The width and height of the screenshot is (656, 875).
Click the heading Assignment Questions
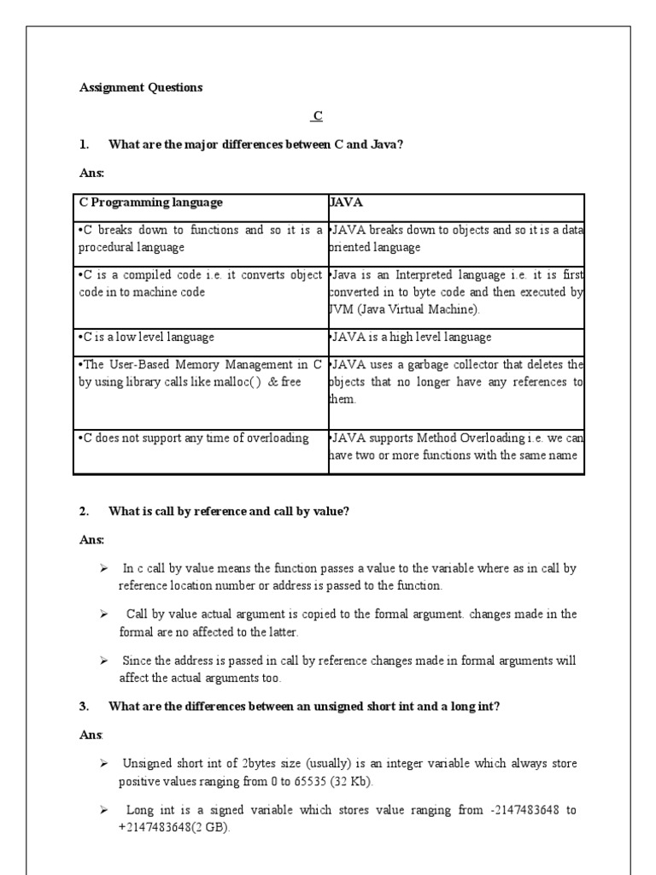(x=141, y=87)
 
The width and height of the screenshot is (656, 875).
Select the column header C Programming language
(x=151, y=203)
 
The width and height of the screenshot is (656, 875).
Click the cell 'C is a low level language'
(x=146, y=338)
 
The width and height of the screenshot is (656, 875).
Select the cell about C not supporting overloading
(x=195, y=438)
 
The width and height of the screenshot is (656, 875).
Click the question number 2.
(x=84, y=511)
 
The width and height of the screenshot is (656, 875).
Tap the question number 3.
(x=84, y=706)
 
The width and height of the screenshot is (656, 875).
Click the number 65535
(x=299, y=781)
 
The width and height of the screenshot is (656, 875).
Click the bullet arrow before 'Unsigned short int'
(x=103, y=762)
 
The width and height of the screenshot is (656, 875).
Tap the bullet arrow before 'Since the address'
(x=103, y=660)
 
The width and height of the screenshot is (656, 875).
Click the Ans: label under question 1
(x=91, y=173)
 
